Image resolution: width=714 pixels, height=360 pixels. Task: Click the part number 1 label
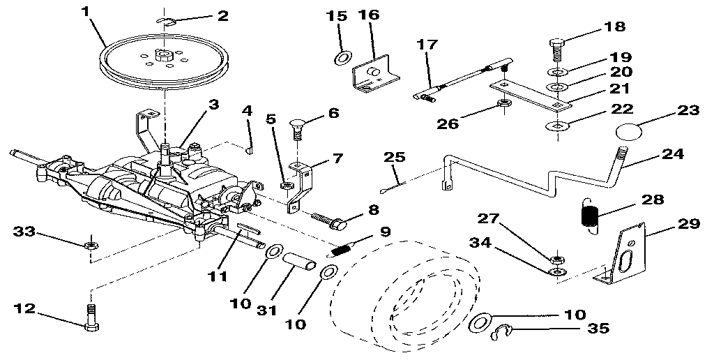[86, 12]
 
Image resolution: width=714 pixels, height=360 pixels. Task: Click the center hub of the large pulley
[165, 54]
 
